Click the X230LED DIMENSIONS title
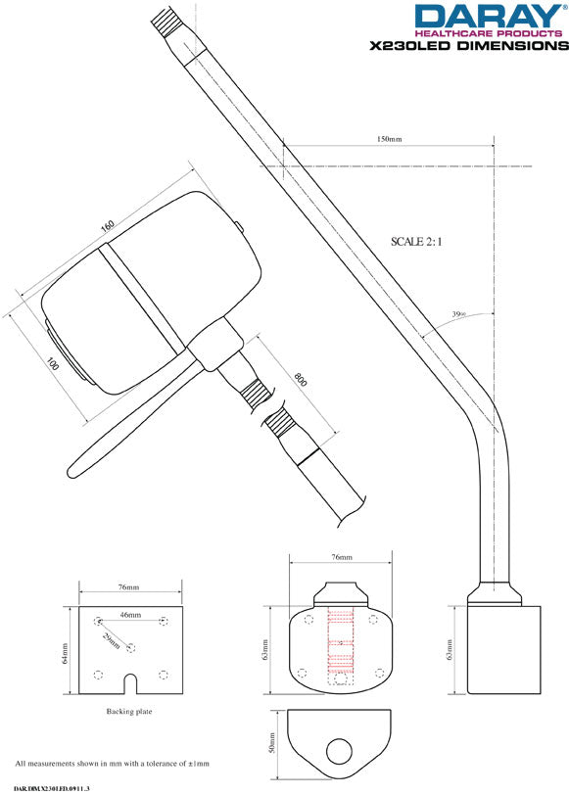pos(467,45)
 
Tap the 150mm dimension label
pos(390,140)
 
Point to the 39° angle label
pos(458,314)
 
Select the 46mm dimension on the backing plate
pos(129,615)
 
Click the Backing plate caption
pos(129,712)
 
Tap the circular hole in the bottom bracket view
pos(339,751)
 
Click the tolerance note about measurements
pos(113,763)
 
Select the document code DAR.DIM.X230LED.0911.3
pos(58,788)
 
